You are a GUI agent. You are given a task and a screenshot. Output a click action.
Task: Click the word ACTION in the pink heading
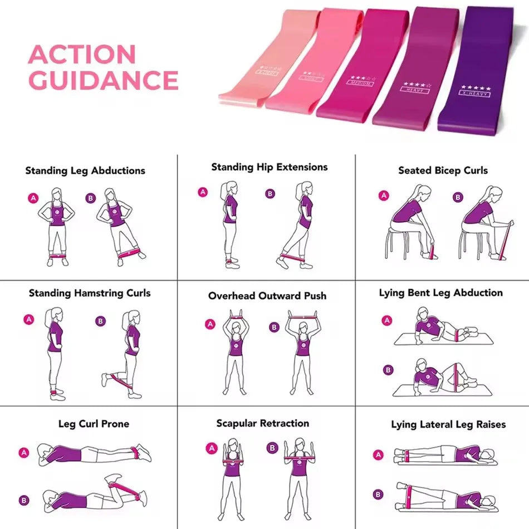82,55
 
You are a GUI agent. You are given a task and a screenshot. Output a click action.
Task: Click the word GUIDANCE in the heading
103,80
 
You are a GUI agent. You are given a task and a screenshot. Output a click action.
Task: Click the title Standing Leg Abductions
85,170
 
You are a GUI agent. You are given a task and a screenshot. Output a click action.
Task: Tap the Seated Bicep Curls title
443,170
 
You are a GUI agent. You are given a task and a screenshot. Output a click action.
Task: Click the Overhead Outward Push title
267,296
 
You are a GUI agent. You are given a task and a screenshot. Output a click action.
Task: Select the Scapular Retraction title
263,423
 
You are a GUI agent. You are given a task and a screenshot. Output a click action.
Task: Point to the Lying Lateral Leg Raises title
448,424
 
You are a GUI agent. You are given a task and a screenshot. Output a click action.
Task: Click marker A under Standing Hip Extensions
203,192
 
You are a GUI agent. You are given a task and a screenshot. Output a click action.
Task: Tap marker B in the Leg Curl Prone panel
24,499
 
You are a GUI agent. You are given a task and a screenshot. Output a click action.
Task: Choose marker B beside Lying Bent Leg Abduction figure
388,369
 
